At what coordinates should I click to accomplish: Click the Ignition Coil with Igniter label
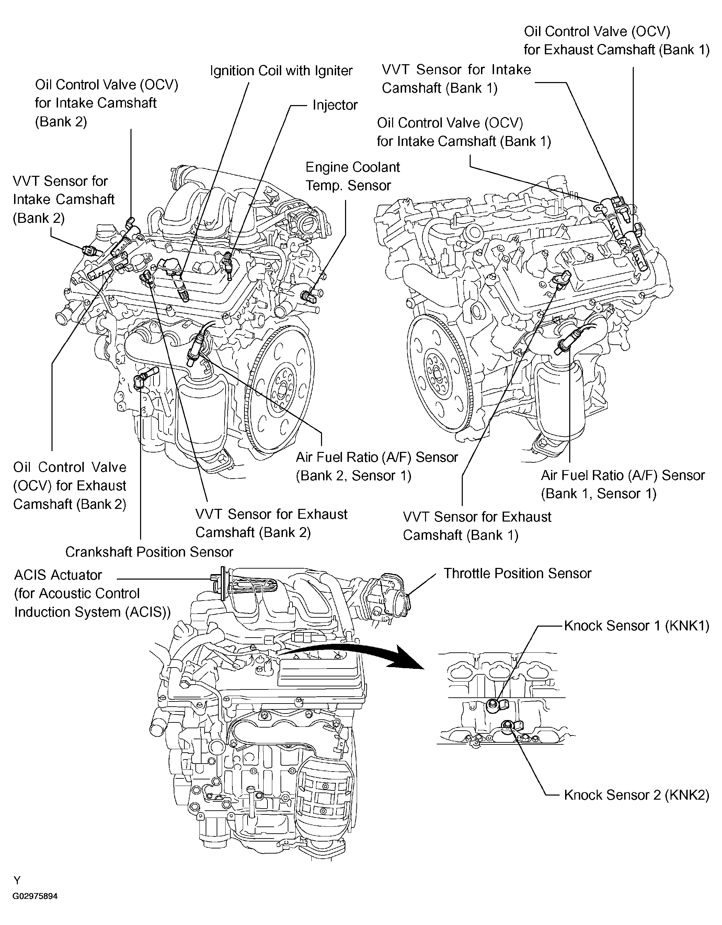[x=281, y=71]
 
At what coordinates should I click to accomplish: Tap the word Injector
[x=335, y=105]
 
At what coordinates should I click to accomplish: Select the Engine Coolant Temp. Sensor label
[x=352, y=176]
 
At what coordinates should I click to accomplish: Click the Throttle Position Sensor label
[x=517, y=573]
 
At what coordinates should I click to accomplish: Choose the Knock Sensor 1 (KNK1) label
[x=636, y=626]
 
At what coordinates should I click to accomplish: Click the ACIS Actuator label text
[x=58, y=575]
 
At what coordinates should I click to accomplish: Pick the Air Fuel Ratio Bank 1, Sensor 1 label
[x=622, y=484]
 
